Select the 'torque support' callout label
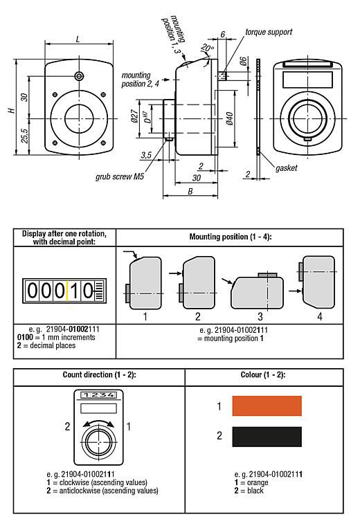click(x=268, y=32)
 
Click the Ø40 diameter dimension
click(x=229, y=118)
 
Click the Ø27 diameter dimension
click(x=134, y=118)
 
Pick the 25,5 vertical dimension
click(x=24, y=135)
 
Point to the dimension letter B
click(x=191, y=192)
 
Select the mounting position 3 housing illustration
click(x=258, y=291)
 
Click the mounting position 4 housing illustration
click(x=321, y=284)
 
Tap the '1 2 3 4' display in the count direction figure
click(x=98, y=396)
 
